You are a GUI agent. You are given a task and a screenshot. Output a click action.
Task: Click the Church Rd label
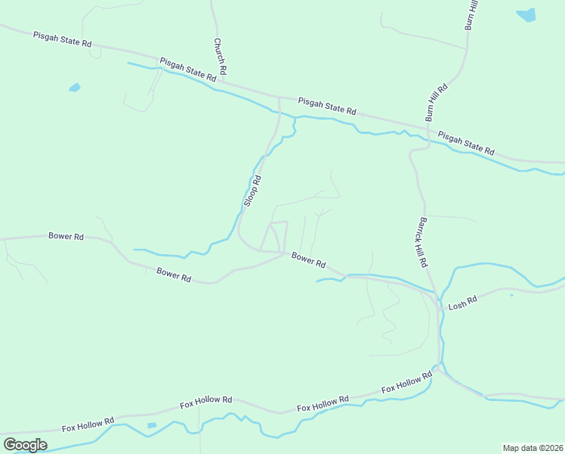tap(220, 55)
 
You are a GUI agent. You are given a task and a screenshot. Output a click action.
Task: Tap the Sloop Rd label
tap(252, 191)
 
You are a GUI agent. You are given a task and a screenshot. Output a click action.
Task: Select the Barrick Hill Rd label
tap(421, 241)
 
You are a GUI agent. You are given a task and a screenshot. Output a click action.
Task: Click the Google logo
tap(25, 444)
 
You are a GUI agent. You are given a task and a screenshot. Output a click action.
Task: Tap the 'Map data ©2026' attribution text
tap(533, 448)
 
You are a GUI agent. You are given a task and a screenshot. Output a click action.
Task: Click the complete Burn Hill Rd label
tap(437, 102)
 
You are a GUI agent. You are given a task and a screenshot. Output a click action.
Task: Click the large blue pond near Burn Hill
tap(526, 14)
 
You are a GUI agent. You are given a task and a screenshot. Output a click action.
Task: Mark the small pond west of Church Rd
tap(74, 88)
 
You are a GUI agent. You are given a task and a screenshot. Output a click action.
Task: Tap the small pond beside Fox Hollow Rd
tap(152, 425)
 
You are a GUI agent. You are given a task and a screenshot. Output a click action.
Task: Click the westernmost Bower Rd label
tap(66, 236)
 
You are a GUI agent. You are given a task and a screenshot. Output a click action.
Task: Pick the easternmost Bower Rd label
tap(308, 260)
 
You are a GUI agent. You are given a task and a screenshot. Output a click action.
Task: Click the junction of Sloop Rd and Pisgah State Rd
tap(279, 98)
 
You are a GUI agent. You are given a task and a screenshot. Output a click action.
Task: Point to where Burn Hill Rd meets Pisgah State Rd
tap(429, 126)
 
